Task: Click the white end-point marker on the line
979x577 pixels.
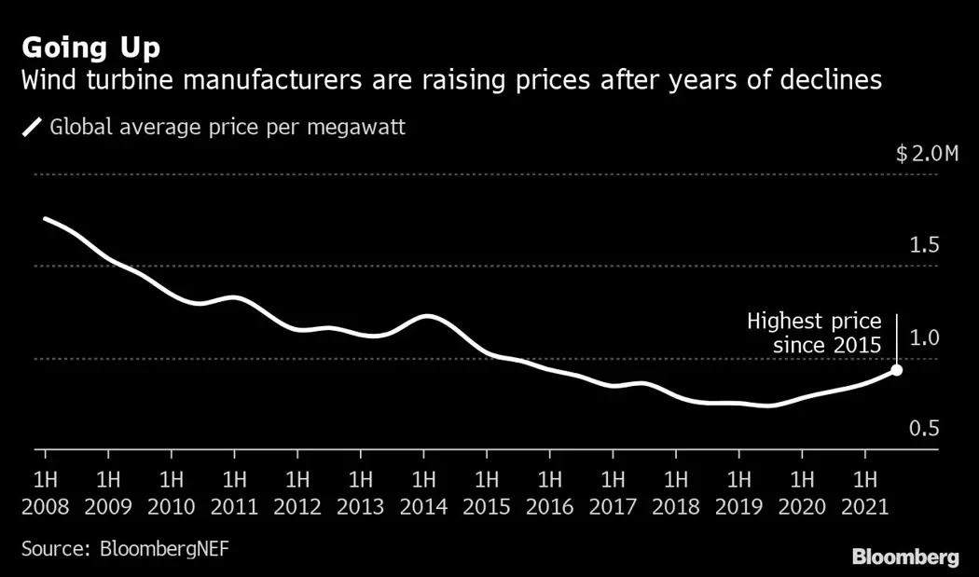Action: point(896,370)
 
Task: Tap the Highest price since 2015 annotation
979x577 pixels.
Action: point(814,334)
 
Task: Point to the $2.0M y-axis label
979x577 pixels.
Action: point(927,154)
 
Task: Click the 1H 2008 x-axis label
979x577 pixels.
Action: point(45,493)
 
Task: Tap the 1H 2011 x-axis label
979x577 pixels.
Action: point(234,493)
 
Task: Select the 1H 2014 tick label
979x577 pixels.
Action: point(423,493)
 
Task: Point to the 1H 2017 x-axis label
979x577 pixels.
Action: point(613,493)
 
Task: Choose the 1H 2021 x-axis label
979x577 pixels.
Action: point(865,493)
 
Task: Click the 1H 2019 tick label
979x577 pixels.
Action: point(739,493)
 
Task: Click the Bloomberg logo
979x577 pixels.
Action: point(904,557)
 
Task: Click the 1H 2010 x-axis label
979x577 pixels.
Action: point(172,493)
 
